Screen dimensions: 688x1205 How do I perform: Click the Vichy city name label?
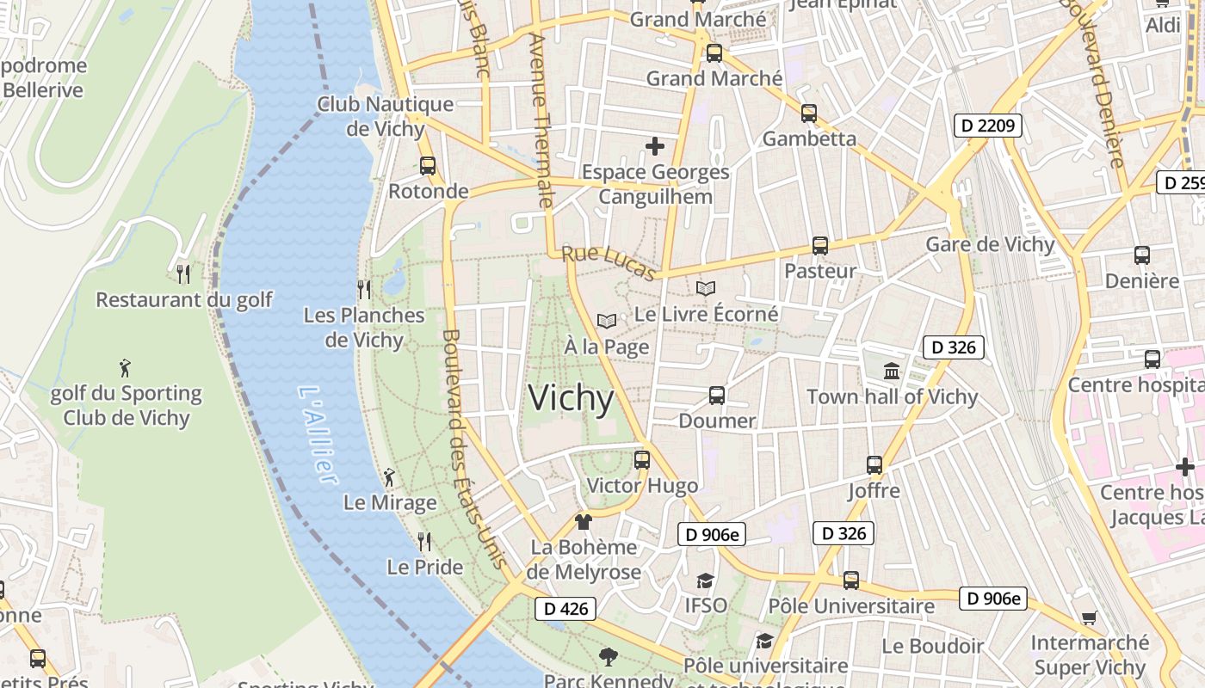(571, 398)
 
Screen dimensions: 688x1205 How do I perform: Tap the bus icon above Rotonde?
(428, 166)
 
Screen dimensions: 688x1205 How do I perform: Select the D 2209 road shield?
(987, 126)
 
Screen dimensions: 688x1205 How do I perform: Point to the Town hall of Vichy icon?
(892, 372)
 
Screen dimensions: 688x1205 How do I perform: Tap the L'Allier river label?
(316, 434)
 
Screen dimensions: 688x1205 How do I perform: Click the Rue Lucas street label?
(609, 261)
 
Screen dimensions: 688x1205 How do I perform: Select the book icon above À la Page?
(607, 321)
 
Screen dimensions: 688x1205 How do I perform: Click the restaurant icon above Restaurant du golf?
(183, 274)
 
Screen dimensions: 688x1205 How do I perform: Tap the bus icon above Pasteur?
(820, 246)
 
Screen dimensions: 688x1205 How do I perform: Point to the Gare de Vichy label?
(990, 244)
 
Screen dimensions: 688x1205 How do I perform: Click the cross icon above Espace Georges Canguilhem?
(655, 146)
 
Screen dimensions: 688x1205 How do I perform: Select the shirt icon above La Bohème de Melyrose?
(584, 521)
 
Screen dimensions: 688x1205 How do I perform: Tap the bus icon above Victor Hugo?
(642, 459)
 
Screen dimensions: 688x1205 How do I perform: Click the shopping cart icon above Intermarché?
(1090, 617)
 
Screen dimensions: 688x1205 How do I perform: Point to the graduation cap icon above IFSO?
(706, 580)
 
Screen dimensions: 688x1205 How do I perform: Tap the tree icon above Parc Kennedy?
(609, 657)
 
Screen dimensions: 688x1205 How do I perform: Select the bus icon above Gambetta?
(809, 113)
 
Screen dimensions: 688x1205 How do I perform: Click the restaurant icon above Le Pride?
(424, 541)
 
